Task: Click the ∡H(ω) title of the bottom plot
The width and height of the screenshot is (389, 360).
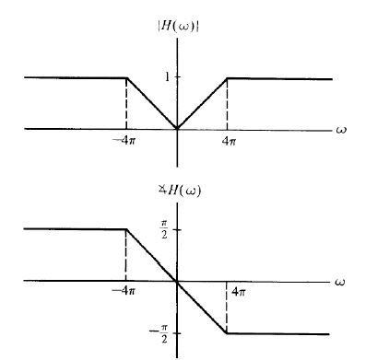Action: (180, 191)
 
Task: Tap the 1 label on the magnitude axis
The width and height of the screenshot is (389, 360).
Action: (167, 77)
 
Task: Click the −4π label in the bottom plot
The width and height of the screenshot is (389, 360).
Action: (124, 291)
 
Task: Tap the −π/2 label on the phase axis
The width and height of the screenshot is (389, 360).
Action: (161, 336)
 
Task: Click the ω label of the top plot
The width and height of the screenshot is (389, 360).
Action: (341, 129)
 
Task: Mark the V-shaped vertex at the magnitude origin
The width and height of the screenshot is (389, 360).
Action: (177, 128)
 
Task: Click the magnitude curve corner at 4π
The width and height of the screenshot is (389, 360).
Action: (227, 78)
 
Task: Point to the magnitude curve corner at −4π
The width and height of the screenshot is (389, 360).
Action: (126, 78)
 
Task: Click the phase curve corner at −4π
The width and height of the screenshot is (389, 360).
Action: (125, 229)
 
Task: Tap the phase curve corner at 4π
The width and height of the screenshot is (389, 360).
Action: (227, 332)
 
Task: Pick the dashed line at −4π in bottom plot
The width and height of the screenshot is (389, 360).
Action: (125, 255)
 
